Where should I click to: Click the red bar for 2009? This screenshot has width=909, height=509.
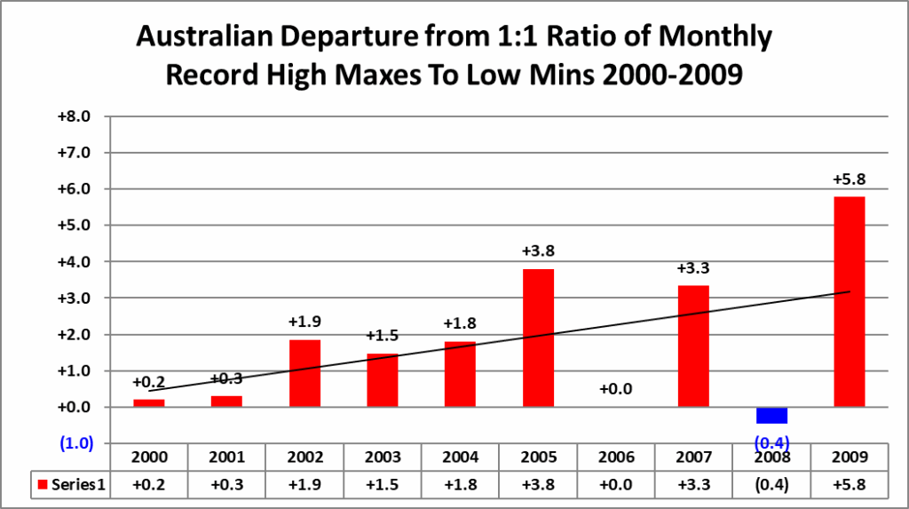849,301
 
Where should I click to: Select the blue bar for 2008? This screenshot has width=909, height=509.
771,415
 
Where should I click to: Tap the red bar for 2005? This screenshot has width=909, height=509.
538,338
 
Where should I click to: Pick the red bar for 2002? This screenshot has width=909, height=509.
304,373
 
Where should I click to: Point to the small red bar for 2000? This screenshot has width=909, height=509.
149,403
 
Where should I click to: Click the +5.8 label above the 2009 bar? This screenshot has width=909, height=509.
849,179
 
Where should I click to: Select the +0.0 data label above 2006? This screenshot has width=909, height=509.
616,389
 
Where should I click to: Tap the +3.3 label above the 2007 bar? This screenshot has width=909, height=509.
693,268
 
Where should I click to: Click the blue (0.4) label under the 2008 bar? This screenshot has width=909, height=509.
771,442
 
